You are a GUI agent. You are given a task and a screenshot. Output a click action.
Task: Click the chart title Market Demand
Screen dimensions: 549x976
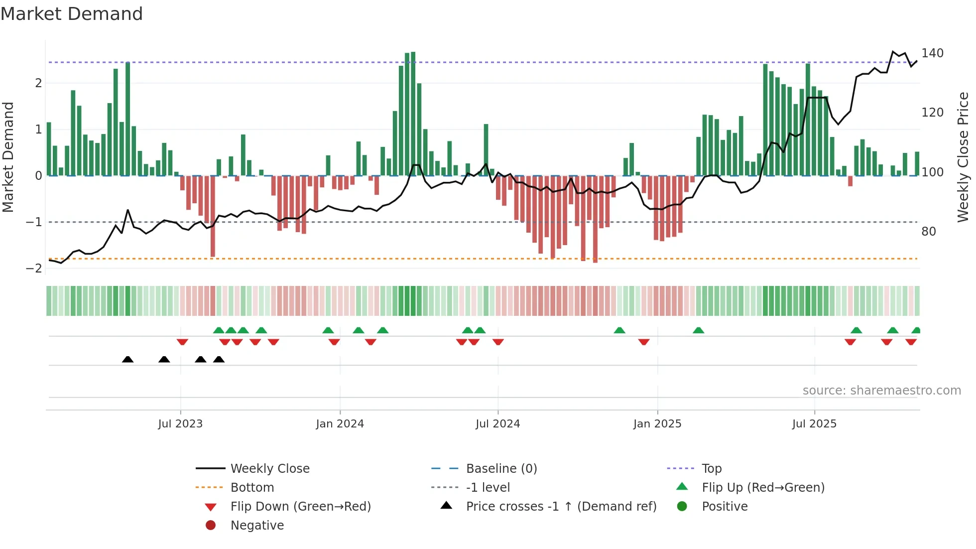click(x=72, y=14)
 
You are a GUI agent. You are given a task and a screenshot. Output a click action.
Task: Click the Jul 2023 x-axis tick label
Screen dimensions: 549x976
click(x=180, y=424)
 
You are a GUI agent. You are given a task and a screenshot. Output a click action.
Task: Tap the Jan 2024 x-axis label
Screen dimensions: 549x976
click(x=340, y=424)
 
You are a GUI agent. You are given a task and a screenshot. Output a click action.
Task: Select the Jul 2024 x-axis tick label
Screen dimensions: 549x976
click(x=497, y=424)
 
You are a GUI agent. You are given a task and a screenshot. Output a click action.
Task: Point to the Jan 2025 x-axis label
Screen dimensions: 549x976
click(x=657, y=424)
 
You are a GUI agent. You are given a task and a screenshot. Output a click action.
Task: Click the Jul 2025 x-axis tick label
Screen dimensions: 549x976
click(x=814, y=424)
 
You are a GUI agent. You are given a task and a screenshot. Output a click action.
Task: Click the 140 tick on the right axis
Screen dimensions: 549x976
click(x=932, y=53)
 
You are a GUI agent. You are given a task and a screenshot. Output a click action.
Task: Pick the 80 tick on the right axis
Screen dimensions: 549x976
click(x=928, y=232)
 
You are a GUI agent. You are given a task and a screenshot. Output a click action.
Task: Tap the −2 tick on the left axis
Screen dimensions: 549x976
click(x=34, y=269)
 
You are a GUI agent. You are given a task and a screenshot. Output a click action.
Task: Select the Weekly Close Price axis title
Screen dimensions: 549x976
click(x=963, y=157)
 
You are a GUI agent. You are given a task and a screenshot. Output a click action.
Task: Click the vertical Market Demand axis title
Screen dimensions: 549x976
click(x=8, y=157)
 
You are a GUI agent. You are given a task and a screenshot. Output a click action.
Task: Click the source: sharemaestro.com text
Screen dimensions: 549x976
click(x=881, y=391)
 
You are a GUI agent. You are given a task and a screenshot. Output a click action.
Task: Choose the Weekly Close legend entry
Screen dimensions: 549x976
click(x=269, y=469)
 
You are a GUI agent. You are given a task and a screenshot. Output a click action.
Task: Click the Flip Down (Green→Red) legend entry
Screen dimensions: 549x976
click(x=300, y=507)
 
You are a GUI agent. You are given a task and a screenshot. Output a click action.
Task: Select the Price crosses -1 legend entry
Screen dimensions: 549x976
click(x=561, y=507)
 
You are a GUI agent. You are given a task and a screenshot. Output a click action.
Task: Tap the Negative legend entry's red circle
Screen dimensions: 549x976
click(x=211, y=526)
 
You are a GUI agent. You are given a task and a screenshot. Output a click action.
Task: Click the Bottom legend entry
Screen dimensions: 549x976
click(x=252, y=488)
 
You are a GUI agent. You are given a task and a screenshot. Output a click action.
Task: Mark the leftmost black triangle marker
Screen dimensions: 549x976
click(x=128, y=360)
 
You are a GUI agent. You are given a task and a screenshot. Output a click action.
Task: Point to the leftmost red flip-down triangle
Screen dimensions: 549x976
click(x=182, y=342)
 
